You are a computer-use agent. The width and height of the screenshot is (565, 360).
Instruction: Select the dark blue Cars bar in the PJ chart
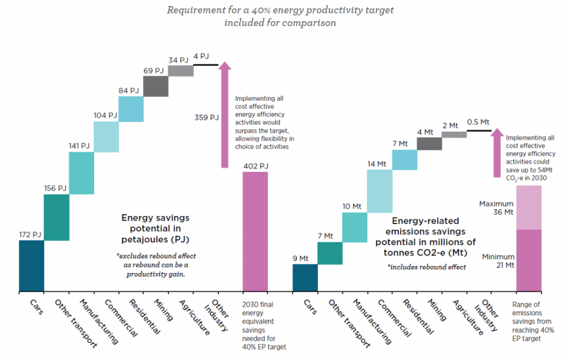point(31,266)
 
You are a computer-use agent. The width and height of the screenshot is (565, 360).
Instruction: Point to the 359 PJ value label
point(207,117)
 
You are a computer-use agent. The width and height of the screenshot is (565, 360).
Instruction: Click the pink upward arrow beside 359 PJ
point(225,115)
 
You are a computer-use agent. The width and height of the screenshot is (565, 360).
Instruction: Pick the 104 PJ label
point(105,115)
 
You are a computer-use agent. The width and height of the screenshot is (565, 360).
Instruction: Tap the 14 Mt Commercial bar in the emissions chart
point(379,191)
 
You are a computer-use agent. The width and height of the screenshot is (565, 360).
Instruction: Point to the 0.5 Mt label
point(478,122)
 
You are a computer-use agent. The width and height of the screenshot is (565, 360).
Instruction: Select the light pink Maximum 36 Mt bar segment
point(529,207)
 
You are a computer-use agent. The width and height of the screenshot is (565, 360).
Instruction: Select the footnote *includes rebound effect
point(426,266)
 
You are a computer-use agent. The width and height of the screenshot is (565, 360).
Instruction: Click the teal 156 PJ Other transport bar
point(56,217)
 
